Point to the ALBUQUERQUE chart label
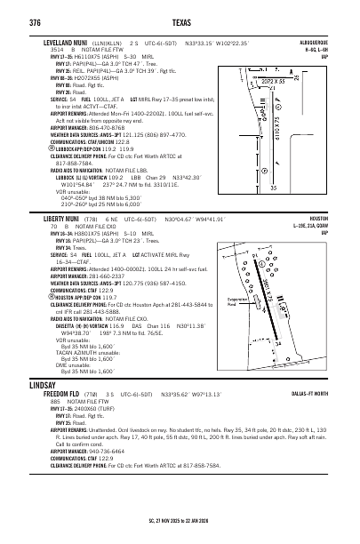click(x=323, y=41)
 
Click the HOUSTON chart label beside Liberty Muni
click(x=327, y=218)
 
